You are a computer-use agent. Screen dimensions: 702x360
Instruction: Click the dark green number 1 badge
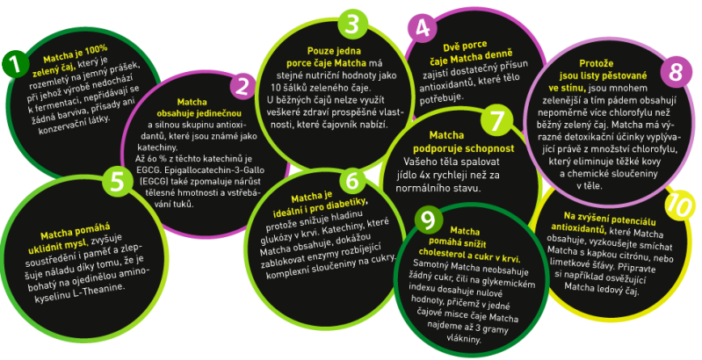[16, 64]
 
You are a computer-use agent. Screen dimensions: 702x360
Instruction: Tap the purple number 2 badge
[242, 87]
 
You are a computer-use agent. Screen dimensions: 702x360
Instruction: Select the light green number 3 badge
[353, 22]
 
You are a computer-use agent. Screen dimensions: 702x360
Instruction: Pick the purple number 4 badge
[423, 28]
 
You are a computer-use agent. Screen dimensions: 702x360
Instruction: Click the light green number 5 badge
[117, 182]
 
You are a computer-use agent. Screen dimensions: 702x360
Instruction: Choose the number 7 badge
[496, 121]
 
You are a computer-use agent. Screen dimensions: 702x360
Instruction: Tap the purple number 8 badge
[676, 71]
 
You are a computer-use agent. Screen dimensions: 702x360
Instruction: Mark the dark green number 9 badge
[429, 220]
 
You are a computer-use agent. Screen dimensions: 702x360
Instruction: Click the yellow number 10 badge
[679, 205]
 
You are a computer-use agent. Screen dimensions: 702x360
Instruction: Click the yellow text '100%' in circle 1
[95, 49]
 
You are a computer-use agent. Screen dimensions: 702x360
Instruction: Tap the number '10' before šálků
[276, 87]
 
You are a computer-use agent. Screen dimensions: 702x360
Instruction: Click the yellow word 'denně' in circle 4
[500, 54]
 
